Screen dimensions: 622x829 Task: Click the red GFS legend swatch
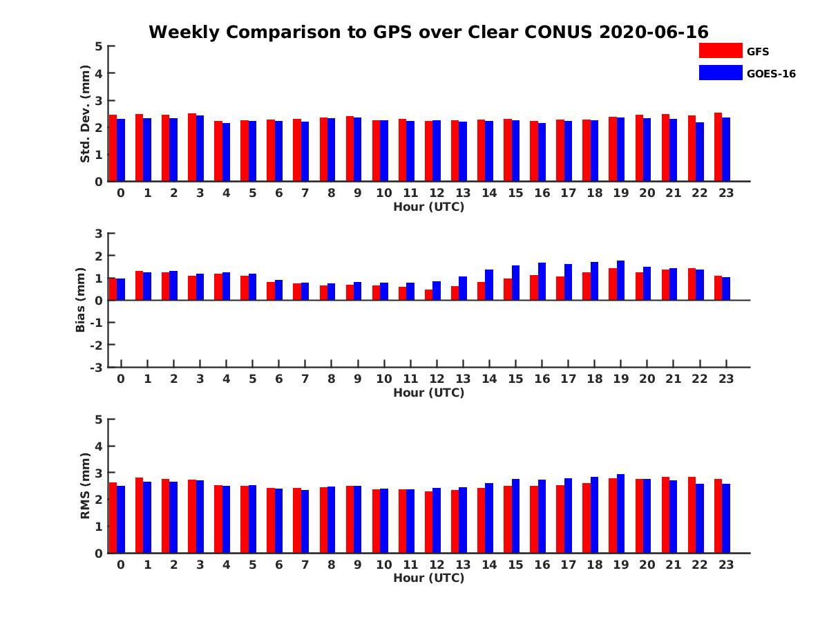click(721, 50)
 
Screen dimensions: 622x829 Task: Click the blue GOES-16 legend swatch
click(721, 73)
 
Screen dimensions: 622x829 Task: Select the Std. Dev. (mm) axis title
click(86, 114)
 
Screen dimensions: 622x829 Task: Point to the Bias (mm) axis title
click(81, 301)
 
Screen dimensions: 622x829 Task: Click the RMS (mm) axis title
click(86, 486)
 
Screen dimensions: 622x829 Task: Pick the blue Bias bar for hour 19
click(620, 281)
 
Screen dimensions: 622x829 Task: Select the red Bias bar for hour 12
click(428, 295)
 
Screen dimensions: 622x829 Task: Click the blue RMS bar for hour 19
click(620, 513)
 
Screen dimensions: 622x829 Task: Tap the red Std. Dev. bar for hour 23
click(718, 147)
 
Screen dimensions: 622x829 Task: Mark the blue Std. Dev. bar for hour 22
click(700, 152)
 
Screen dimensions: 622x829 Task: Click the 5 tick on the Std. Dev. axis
click(99, 46)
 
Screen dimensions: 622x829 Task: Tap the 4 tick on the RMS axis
click(99, 446)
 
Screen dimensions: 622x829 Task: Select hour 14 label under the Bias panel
click(489, 379)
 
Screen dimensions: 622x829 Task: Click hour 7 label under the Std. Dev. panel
click(305, 194)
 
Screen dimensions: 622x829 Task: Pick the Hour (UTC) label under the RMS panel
click(428, 578)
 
